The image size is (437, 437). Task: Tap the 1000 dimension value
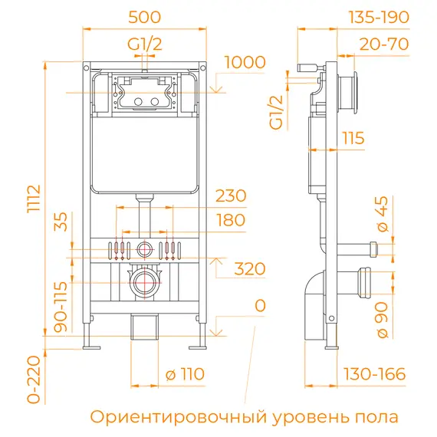pos(245,62)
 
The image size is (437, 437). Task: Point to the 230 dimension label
pos(231,195)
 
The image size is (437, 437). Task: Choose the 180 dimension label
pos(230,220)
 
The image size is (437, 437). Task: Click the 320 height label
pos(249,268)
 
